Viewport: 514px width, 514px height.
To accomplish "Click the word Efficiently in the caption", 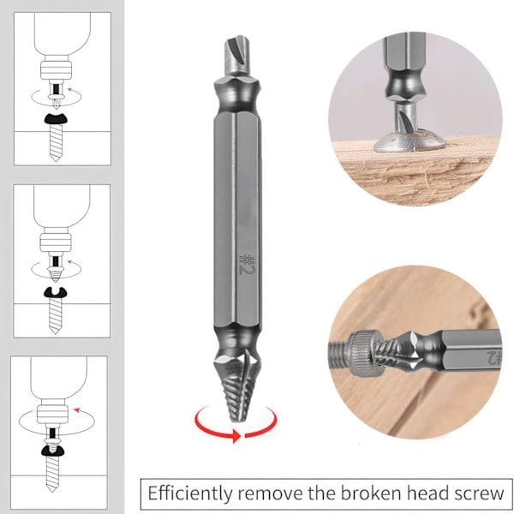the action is pyautogui.click(x=189, y=494).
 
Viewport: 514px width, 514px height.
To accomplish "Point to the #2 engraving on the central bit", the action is pyautogui.click(x=247, y=264).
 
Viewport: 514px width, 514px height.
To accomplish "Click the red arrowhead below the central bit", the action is pyautogui.click(x=236, y=436).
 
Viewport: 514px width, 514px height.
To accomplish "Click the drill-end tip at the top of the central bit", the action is pyautogui.click(x=237, y=55).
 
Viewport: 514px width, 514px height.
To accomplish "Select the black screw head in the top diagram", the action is pyautogui.click(x=56, y=118).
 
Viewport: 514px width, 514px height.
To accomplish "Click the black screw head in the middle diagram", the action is pyautogui.click(x=55, y=293).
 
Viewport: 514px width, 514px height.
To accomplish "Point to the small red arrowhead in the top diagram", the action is pyautogui.click(x=69, y=89).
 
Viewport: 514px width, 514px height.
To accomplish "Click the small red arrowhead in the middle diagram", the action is pyautogui.click(x=69, y=261).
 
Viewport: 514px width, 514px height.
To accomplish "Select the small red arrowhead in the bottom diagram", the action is pyautogui.click(x=77, y=409).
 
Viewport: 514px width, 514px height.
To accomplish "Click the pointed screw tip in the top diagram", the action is pyautogui.click(x=55, y=158).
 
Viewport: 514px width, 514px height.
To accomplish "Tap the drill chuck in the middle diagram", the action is pyautogui.click(x=55, y=242).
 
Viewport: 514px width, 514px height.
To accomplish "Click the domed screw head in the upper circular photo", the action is pyautogui.click(x=409, y=141).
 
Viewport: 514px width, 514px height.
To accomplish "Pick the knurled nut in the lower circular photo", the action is pyautogui.click(x=367, y=353).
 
